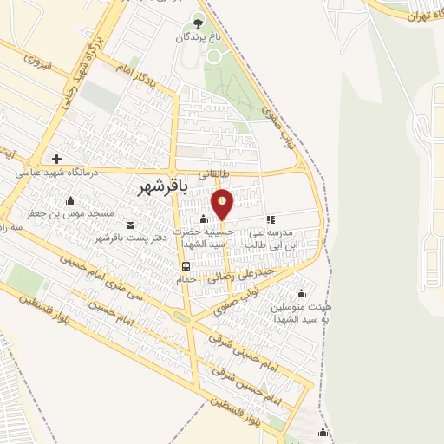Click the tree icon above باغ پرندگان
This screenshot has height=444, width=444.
(x=198, y=23)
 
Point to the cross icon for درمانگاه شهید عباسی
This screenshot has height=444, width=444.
(x=56, y=159)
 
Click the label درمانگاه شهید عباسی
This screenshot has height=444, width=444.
(x=55, y=173)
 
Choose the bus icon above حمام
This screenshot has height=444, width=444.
(x=186, y=265)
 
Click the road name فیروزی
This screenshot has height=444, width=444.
(x=39, y=62)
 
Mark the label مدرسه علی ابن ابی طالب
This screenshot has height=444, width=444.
(x=269, y=238)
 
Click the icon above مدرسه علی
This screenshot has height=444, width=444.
(x=271, y=220)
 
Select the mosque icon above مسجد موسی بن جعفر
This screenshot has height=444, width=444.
(x=70, y=202)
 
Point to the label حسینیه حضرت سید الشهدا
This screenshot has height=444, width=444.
(x=202, y=238)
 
